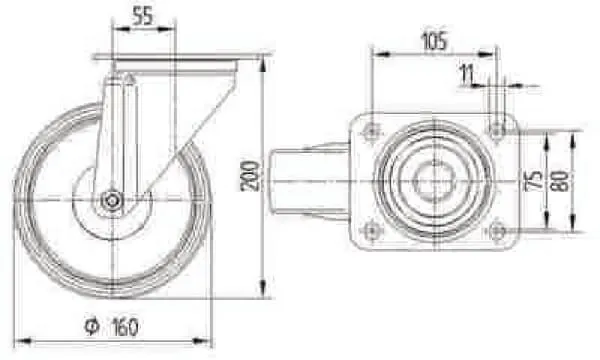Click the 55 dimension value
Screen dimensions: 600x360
pos(142,17)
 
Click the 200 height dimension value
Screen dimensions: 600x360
pos(250,176)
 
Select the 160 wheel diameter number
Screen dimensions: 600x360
pos(125,327)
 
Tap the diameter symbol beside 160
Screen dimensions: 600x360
pos(92,326)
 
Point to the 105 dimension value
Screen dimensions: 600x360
pos(434,41)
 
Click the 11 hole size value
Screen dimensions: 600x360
pos(467,74)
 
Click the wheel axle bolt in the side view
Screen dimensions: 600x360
pos(112,200)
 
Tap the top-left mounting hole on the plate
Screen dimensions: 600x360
pos(371,133)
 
